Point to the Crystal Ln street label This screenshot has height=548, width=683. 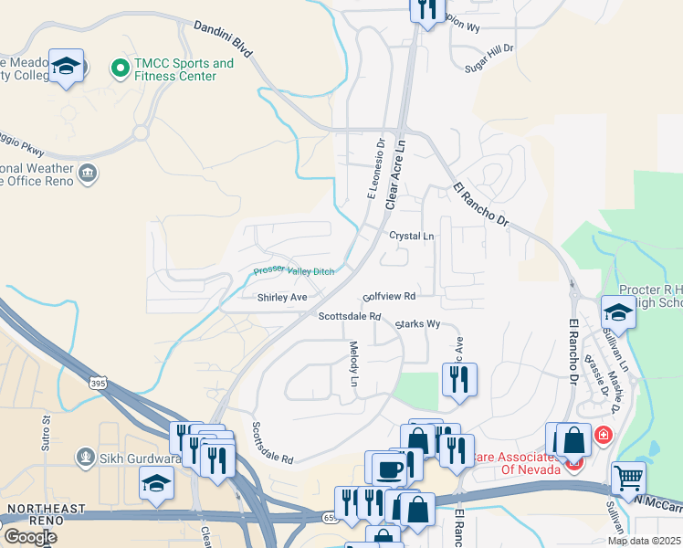click(x=412, y=236)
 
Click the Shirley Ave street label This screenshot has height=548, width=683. click(x=281, y=297)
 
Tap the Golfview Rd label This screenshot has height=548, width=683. click(x=389, y=297)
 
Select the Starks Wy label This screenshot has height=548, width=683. click(x=418, y=324)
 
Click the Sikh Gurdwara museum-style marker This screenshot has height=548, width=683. click(x=86, y=454)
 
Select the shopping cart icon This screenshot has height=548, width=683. click(x=628, y=477)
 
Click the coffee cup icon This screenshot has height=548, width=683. click(x=388, y=469)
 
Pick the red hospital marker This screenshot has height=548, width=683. click(x=603, y=436)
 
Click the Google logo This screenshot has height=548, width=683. click(x=30, y=536)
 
